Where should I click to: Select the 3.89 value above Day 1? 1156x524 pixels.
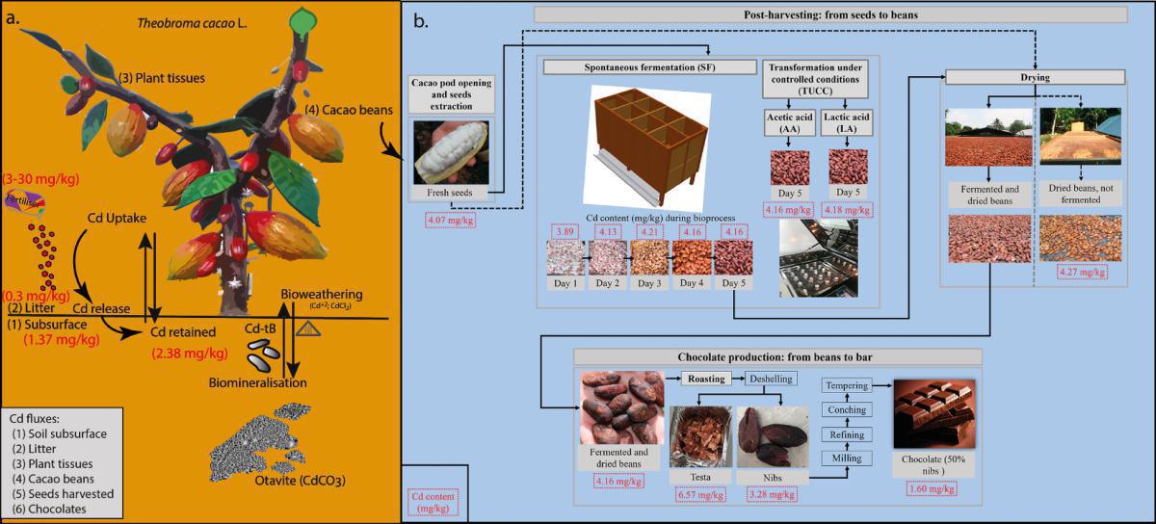pos(565,230)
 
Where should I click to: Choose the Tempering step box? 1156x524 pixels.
pos(847,385)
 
